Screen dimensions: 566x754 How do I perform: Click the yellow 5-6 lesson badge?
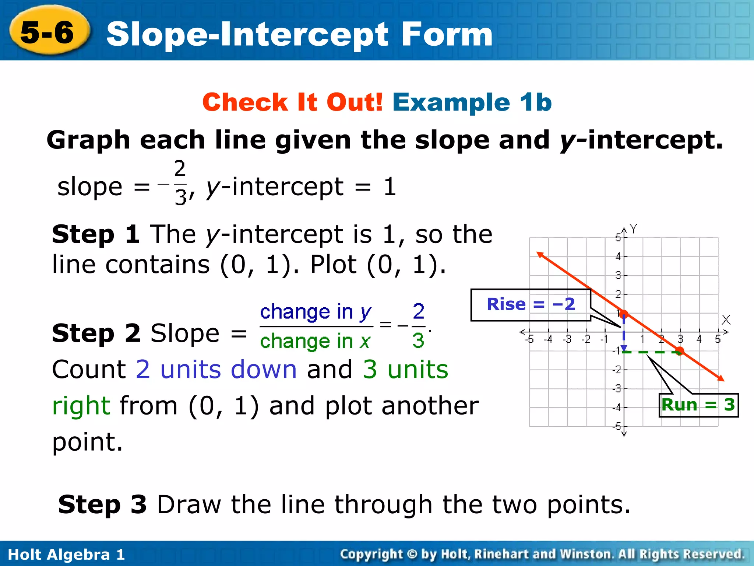coord(48,31)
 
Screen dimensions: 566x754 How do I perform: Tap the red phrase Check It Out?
coord(293,102)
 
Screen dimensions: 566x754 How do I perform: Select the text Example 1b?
coord(472,102)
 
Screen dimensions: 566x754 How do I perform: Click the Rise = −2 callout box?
coord(531,305)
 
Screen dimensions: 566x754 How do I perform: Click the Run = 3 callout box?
coord(698,405)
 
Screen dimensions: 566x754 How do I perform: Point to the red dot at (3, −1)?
coord(680,351)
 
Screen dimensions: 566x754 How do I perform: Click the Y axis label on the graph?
coord(633,229)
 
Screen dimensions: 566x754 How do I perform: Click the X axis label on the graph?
coord(726,319)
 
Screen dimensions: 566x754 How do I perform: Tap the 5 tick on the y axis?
coord(618,237)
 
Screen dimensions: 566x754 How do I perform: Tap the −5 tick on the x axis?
coord(529,339)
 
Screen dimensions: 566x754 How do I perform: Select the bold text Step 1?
coord(96,234)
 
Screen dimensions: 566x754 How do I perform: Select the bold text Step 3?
coord(102,504)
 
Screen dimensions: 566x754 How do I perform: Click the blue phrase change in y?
coord(316,312)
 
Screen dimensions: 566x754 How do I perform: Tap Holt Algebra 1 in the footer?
coord(66,555)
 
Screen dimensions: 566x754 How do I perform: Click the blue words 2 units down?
coord(216,369)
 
